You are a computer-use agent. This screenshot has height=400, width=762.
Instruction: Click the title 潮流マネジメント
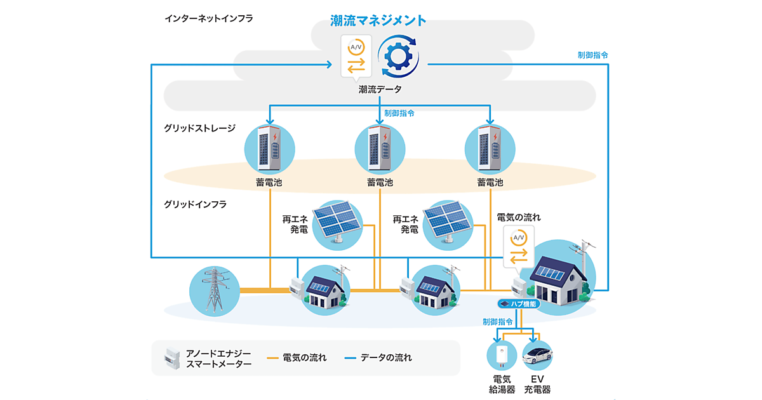[x=378, y=20]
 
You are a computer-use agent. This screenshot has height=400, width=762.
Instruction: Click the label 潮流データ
[x=379, y=90]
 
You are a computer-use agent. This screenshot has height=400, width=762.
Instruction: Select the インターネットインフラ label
[x=209, y=18]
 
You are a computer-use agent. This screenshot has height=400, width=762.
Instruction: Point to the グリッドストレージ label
[x=200, y=128]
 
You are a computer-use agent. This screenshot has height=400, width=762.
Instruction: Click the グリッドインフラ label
[x=195, y=204]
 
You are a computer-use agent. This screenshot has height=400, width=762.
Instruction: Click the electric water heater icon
[x=502, y=356]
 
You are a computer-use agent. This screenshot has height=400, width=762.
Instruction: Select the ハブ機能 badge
[x=519, y=304]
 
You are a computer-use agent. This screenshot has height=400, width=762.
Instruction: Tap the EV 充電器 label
[x=537, y=385]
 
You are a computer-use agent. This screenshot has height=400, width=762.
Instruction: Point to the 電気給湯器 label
[x=502, y=385]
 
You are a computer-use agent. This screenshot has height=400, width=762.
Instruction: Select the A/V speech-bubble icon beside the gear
[x=354, y=57]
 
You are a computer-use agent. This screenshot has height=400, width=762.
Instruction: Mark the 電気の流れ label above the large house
[x=518, y=217]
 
